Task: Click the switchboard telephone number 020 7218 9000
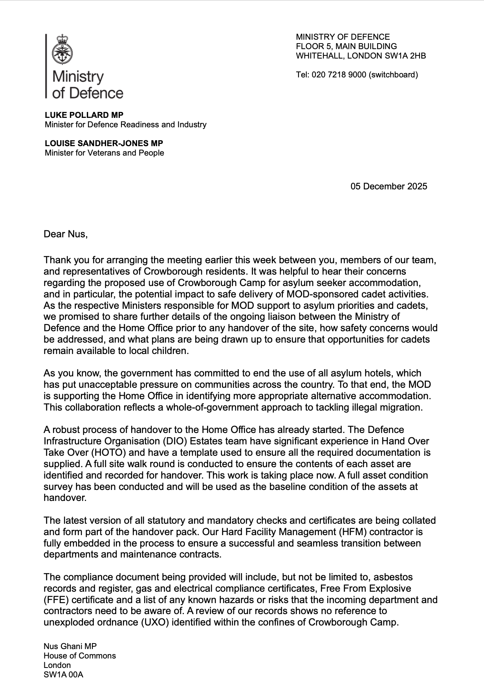pyautogui.click(x=339, y=75)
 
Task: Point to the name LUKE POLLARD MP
pyautogui.click(x=84, y=115)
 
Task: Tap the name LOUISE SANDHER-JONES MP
pyautogui.click(x=104, y=143)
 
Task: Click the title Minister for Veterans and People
pyautogui.click(x=104, y=153)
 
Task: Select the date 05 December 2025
pyautogui.click(x=389, y=186)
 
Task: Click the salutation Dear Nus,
pyautogui.click(x=66, y=235)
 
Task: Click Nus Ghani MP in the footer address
pyautogui.click(x=70, y=646)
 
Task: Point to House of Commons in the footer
pyautogui.click(x=80, y=656)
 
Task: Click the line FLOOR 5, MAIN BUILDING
pyautogui.click(x=346, y=46)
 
